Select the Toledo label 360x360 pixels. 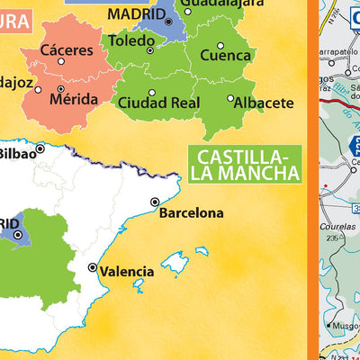[x=131, y=40]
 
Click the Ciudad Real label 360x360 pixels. [x=157, y=103]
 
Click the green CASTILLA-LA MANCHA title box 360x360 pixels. [x=245, y=162]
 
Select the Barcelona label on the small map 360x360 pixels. [x=191, y=213]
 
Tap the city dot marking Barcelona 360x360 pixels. [x=156, y=202]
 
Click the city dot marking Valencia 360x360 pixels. [x=92, y=268]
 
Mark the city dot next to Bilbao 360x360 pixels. [x=40, y=148]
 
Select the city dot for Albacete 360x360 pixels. [x=231, y=99]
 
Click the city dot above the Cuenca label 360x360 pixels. [x=220, y=45]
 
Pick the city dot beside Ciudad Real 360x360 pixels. [x=152, y=93]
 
